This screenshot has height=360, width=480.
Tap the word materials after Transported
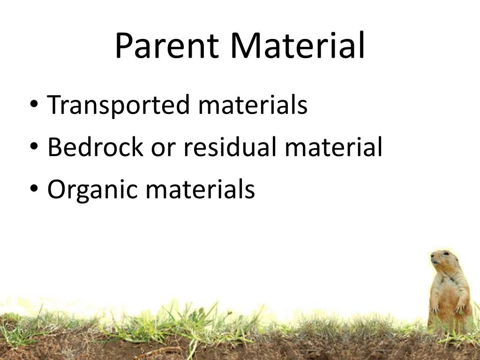coord(253,105)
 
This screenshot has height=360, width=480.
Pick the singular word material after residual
coord(333,147)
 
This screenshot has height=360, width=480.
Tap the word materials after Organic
coord(200,189)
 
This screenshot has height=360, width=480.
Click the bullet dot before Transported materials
coord(34,105)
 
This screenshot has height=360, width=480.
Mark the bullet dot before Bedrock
coord(34,147)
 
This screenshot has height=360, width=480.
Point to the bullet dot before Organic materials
coord(34,189)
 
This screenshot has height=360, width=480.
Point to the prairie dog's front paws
coord(448,307)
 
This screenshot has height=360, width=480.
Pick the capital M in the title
coord(245,46)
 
